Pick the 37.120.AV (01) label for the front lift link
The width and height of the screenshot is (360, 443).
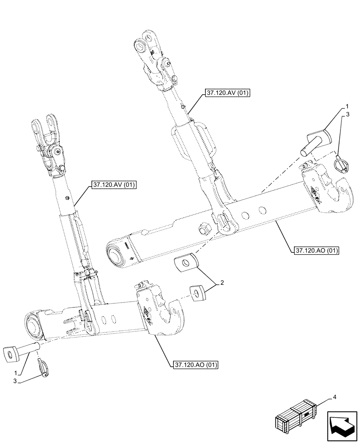coord(114,185)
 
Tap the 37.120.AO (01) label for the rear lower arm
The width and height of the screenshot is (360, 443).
coord(317,251)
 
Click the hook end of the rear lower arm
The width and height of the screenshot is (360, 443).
coord(337,195)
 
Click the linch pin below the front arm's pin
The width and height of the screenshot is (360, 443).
coord(44,368)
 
